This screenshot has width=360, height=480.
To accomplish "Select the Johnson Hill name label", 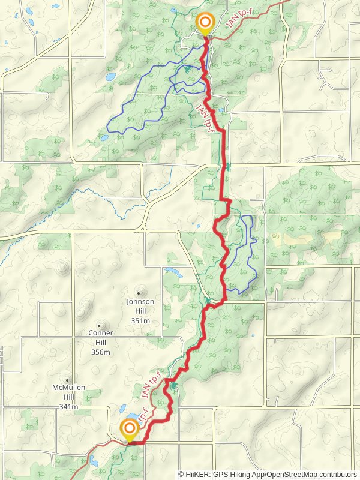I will point(140,301).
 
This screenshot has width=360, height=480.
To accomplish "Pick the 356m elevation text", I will point(101,352).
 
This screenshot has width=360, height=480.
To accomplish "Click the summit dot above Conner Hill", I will point(100,324).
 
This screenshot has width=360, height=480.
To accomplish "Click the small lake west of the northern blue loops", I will point(110,77).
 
